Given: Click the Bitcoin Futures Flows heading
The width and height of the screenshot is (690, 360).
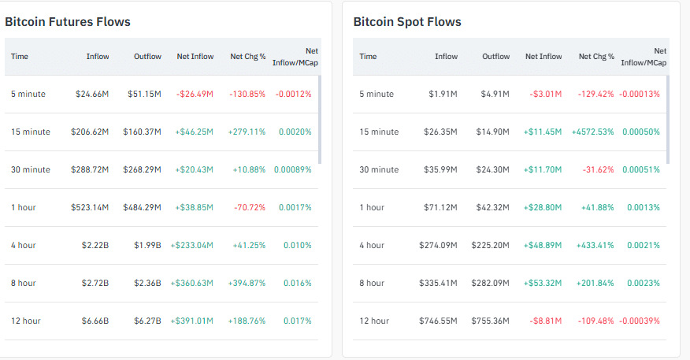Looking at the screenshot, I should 68,21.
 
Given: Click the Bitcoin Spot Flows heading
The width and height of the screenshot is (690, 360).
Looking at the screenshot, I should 407,21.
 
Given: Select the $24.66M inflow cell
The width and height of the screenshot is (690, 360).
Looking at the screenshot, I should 92,94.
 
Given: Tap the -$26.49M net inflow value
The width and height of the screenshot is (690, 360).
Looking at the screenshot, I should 195,94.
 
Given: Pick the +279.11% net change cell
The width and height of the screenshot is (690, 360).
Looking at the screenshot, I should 247,132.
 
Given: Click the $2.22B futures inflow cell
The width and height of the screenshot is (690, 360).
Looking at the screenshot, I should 95,245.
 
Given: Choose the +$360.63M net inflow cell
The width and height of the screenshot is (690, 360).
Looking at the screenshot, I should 192,283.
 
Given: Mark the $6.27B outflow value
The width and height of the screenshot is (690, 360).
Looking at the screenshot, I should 147,321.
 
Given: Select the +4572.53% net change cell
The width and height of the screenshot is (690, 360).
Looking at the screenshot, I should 593,132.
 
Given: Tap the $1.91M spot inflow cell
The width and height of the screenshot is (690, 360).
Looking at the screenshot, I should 443,94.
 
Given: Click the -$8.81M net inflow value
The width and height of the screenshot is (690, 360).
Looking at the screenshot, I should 546,321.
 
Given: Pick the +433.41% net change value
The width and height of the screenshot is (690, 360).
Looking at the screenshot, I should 595,245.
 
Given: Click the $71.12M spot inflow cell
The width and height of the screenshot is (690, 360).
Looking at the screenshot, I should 441,207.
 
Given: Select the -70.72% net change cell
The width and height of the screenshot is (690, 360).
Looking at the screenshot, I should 250,207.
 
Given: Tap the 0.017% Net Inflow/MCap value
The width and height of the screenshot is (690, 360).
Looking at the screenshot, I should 296,321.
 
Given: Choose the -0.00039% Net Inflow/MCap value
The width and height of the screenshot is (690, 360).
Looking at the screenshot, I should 640,321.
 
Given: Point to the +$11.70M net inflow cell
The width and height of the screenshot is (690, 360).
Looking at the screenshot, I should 543,169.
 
